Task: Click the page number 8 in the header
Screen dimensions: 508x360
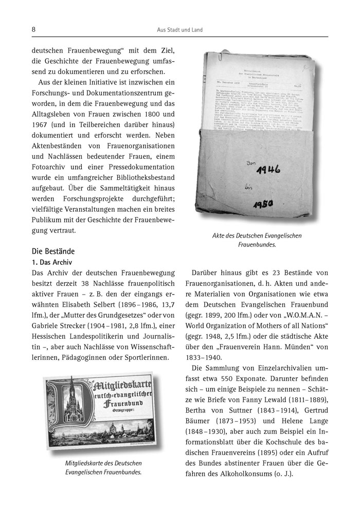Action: point(33,30)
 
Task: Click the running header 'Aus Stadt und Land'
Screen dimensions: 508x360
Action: point(179,30)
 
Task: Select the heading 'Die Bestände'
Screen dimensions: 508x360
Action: point(53,252)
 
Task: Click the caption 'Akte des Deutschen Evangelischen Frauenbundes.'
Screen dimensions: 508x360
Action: point(257,241)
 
